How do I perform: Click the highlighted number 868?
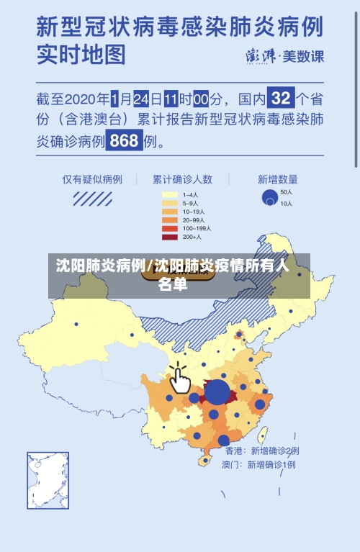(x=124, y=141)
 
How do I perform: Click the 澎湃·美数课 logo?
(x=285, y=56)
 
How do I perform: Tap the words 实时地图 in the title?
(x=81, y=55)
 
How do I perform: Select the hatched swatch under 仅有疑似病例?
(x=91, y=198)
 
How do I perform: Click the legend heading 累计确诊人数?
(x=181, y=179)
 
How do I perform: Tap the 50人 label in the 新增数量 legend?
(x=286, y=192)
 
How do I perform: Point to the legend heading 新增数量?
(x=277, y=179)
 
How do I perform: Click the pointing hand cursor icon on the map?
(x=179, y=379)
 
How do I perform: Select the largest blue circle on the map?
(x=217, y=392)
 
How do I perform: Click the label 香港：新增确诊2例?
(x=261, y=451)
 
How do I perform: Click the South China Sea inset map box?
(x=48, y=480)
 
